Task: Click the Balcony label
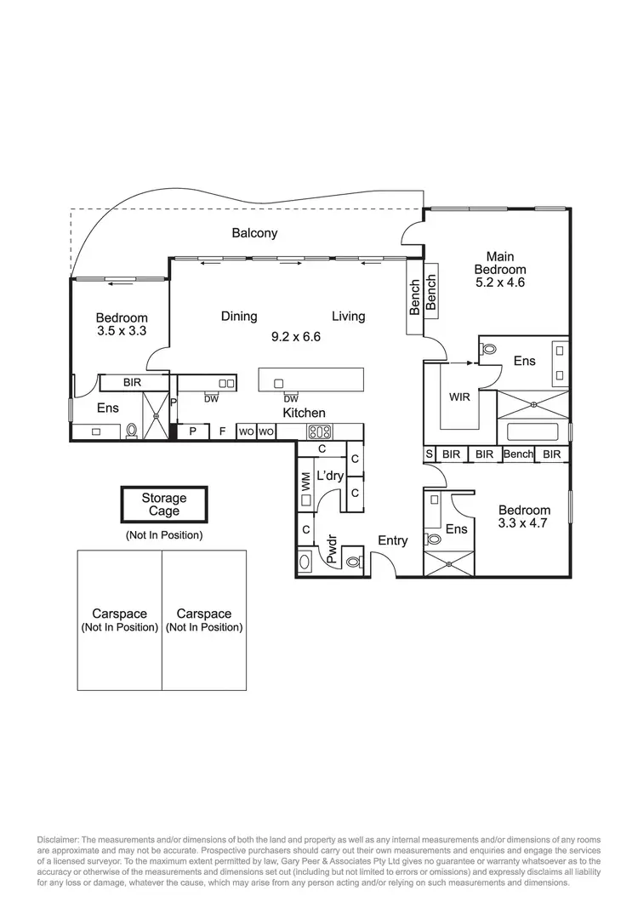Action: [255, 232]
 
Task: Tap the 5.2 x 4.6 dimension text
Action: [499, 283]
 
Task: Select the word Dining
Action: [239, 317]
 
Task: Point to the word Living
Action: [348, 317]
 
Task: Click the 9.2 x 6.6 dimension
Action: [295, 336]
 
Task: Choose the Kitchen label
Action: [305, 413]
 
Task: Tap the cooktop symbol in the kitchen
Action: [318, 431]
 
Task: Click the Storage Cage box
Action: [163, 505]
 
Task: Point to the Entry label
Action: [392, 540]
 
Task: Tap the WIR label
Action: [460, 397]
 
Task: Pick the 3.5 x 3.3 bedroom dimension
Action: [122, 332]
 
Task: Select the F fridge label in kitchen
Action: [222, 431]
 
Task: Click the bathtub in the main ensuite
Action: [533, 431]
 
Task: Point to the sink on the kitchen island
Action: [279, 384]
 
